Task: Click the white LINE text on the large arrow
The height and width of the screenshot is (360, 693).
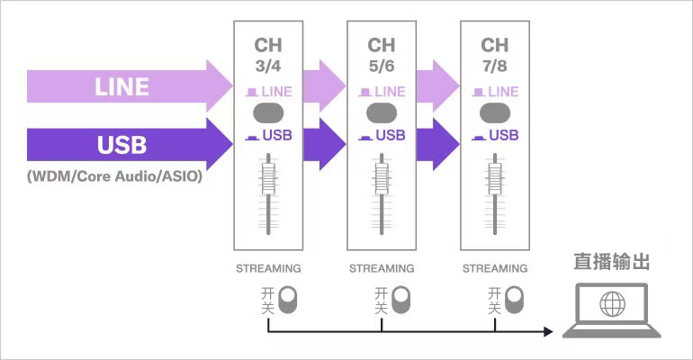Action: (121, 87)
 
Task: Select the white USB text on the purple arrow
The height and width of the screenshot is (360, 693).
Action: (121, 145)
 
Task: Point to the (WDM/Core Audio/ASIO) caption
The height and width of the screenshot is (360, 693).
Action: (114, 176)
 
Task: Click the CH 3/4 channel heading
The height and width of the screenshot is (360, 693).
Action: (268, 54)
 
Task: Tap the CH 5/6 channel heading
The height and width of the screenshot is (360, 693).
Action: (382, 54)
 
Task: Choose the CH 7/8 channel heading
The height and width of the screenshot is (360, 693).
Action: (495, 54)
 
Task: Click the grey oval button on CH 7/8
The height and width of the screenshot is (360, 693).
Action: (495, 113)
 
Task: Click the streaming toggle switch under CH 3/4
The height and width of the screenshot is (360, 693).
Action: (288, 300)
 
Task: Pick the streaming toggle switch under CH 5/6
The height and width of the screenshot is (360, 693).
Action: (401, 300)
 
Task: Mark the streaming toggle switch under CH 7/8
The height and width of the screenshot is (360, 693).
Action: (515, 300)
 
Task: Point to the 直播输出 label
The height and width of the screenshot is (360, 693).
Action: (611, 262)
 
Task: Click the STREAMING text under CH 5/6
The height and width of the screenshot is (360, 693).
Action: (382, 268)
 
